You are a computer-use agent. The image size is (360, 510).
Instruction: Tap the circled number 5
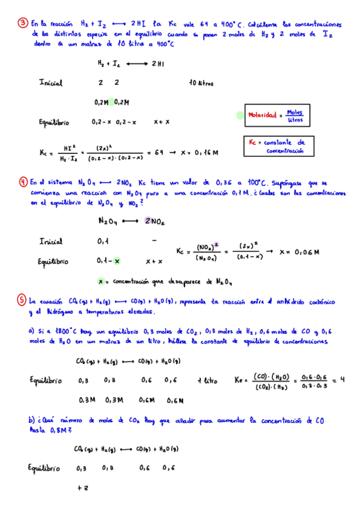23,300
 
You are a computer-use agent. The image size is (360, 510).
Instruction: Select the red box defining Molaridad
276,116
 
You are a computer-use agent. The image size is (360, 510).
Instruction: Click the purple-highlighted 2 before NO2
147,221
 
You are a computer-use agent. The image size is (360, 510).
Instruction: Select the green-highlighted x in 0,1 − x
117,261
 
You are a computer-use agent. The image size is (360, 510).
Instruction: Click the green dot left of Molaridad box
240,115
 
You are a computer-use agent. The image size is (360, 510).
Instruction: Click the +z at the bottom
83,488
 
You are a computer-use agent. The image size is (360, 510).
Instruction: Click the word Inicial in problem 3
51,83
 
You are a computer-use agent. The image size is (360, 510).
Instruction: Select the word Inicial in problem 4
51,241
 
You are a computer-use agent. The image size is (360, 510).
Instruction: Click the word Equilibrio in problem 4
53,262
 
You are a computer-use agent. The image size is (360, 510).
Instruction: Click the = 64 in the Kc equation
158,153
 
